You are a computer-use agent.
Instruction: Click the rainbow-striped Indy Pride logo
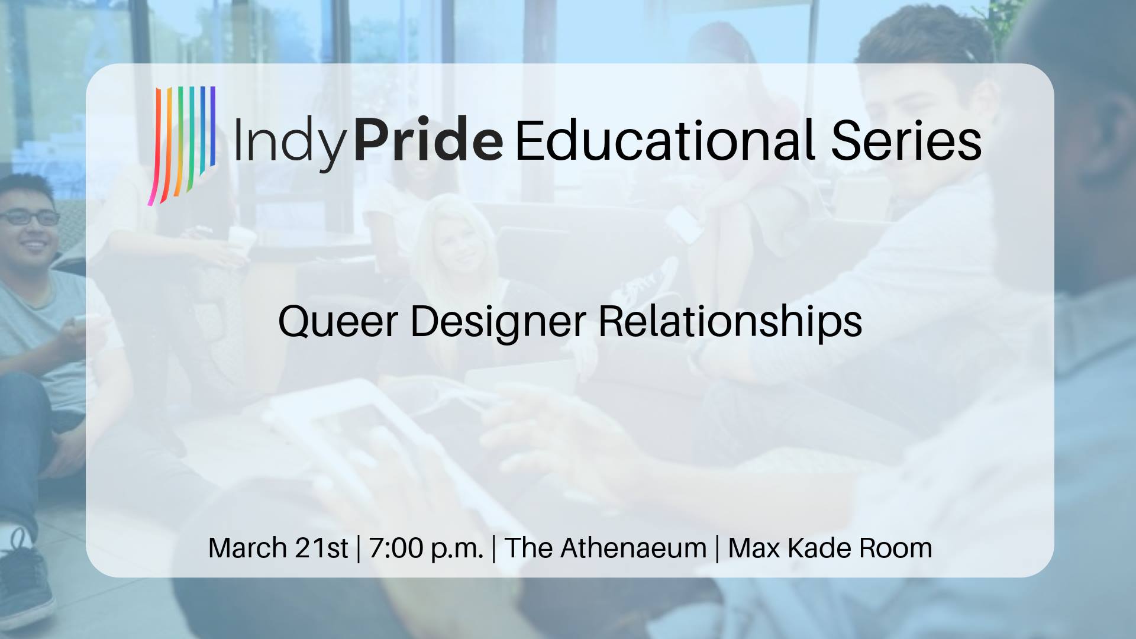pos(182,146)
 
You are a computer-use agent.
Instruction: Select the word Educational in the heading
pos(666,140)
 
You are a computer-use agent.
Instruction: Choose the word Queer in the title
pos(338,322)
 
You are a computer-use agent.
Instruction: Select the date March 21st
pos(278,548)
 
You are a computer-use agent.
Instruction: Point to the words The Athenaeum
pos(605,548)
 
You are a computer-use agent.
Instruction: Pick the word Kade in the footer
pos(819,548)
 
